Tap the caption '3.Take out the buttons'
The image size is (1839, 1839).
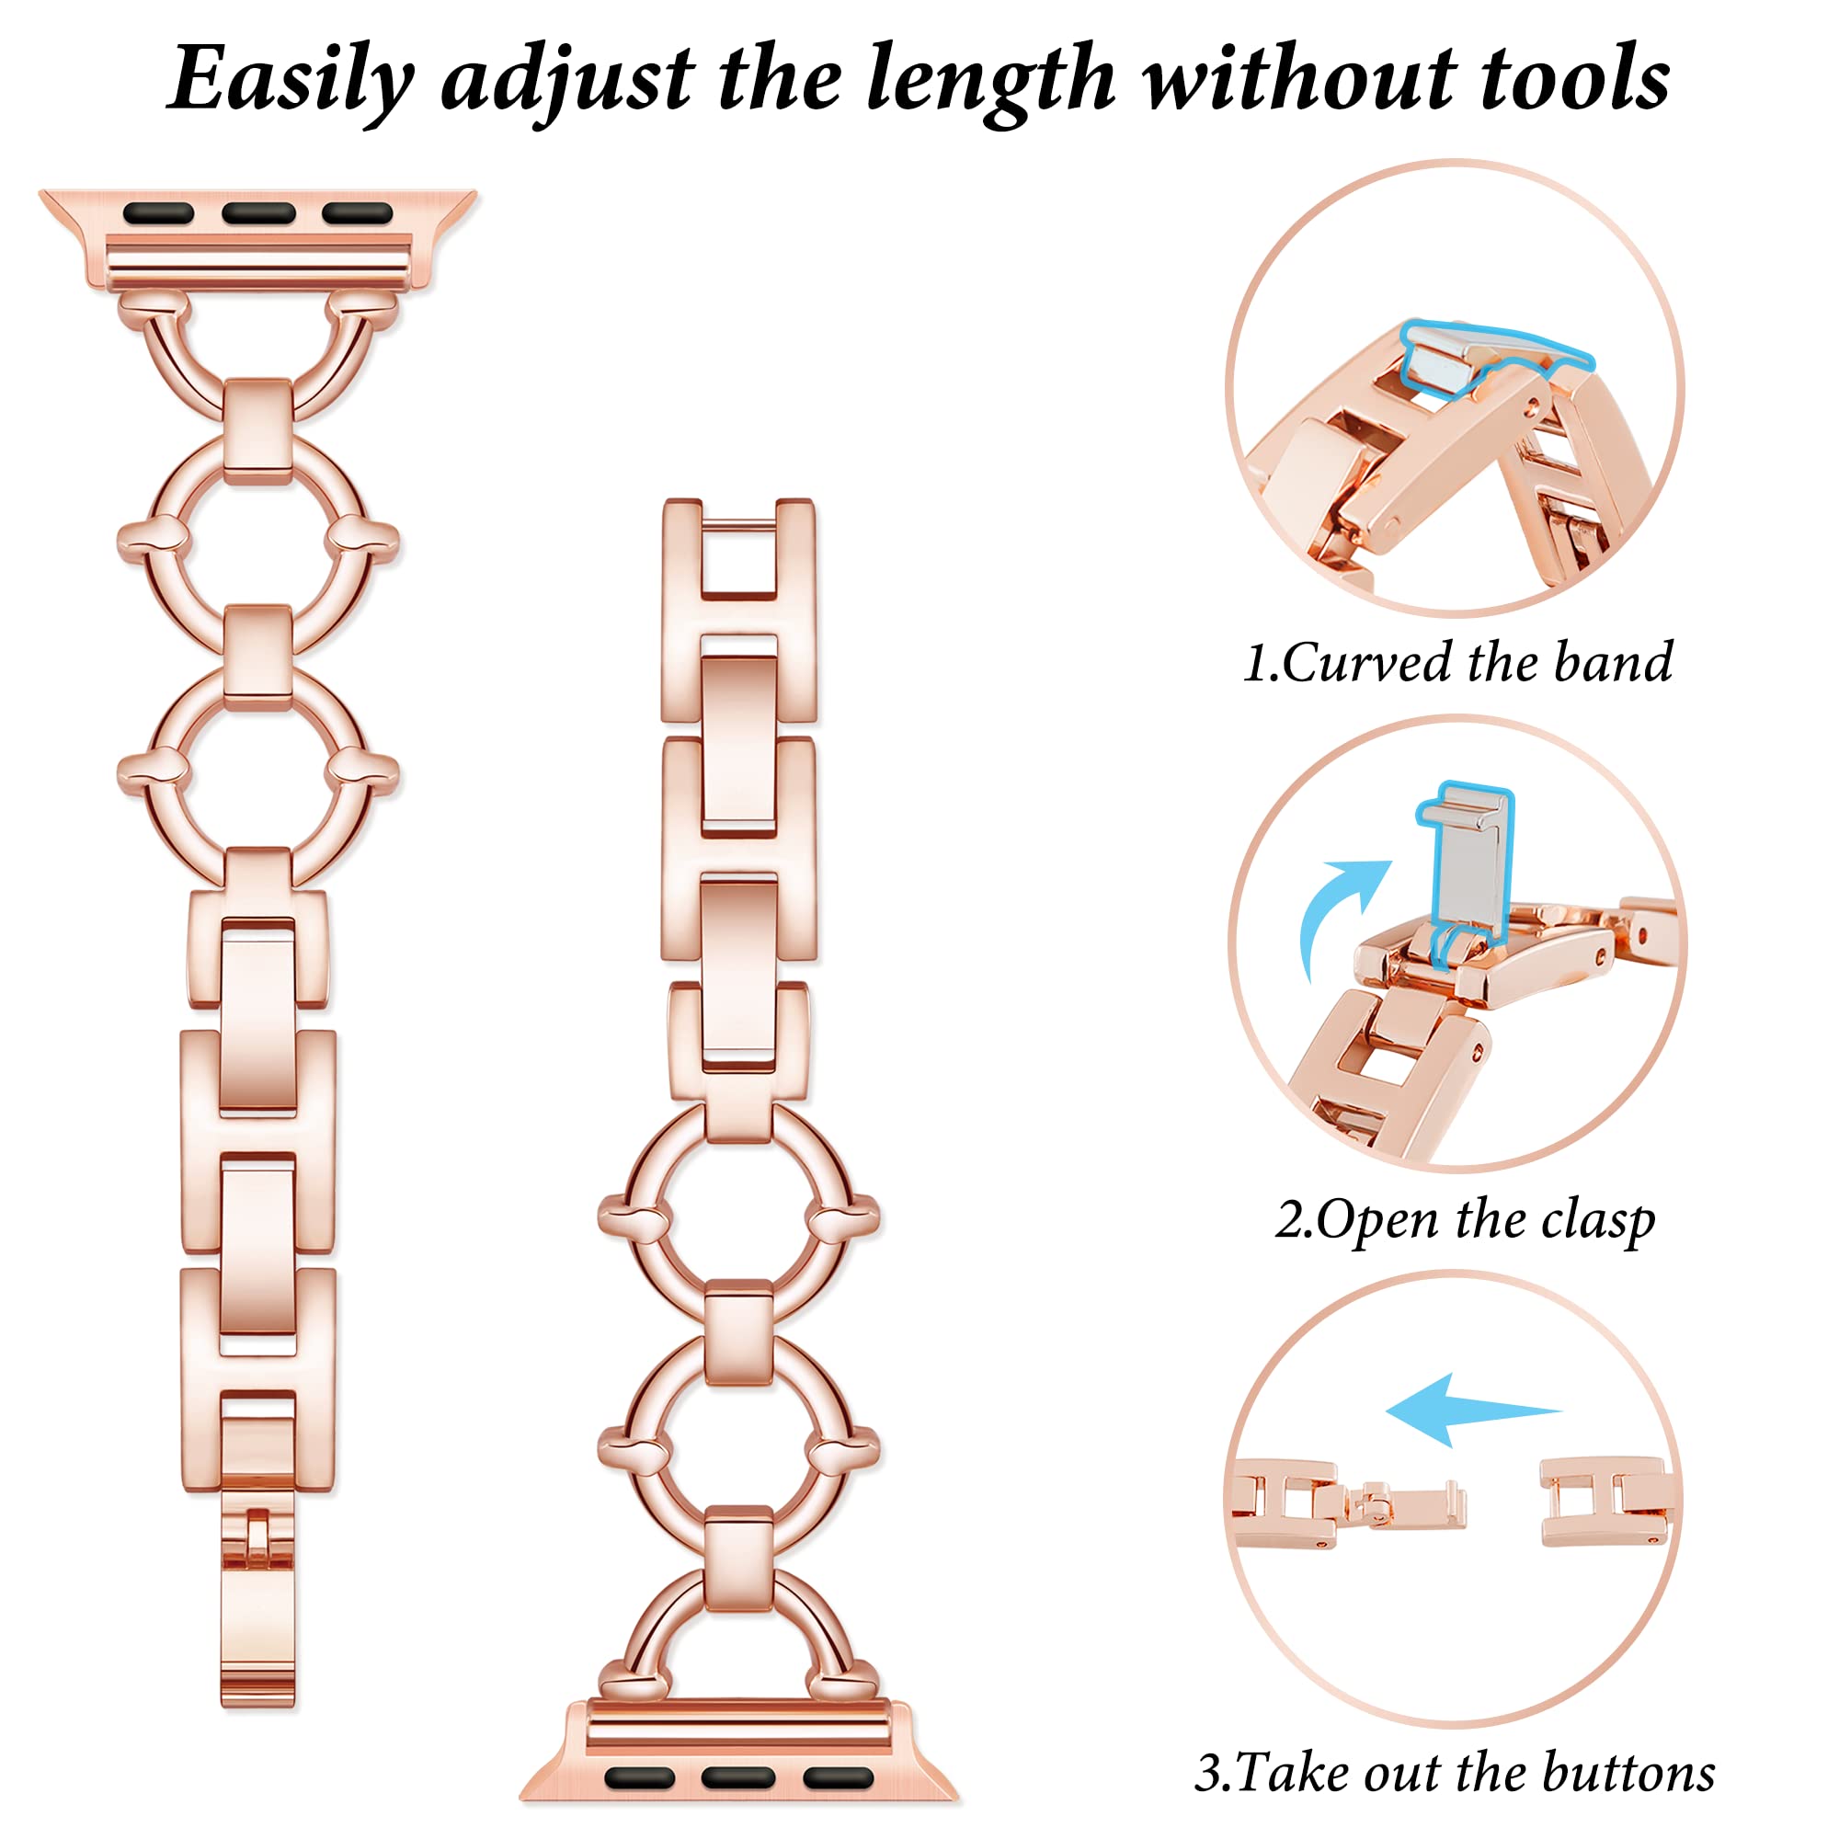(1456, 1773)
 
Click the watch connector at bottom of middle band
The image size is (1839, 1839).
(738, 1747)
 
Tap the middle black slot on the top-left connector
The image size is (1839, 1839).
(258, 212)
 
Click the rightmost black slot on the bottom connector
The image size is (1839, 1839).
(838, 1776)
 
